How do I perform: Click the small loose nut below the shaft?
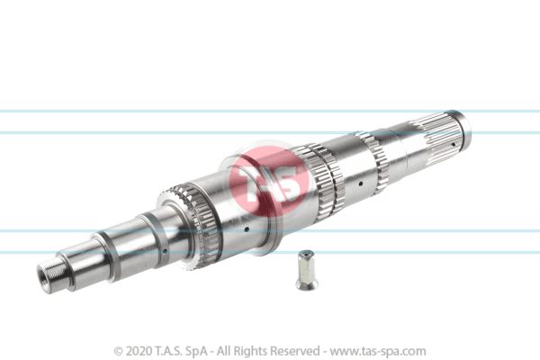(307, 270)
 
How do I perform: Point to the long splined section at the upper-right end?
(435, 134)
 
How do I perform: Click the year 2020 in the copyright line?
(139, 351)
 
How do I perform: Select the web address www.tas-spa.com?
(378, 351)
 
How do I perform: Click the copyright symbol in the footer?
(119, 351)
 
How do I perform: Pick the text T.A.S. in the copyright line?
(168, 351)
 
